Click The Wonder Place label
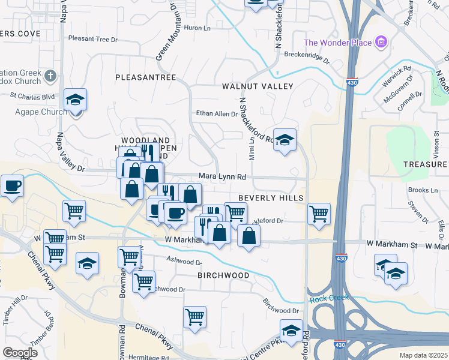(x=338, y=42)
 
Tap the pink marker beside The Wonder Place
(x=381, y=42)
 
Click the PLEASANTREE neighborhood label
(x=145, y=77)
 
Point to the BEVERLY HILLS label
(x=271, y=197)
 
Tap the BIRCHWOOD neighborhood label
(x=223, y=275)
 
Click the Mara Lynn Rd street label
(x=223, y=177)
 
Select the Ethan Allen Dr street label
(x=217, y=113)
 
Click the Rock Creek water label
(x=329, y=298)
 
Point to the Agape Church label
(x=46, y=112)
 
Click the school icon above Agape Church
(x=76, y=100)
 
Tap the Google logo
(x=20, y=352)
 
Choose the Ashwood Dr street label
(x=183, y=262)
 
